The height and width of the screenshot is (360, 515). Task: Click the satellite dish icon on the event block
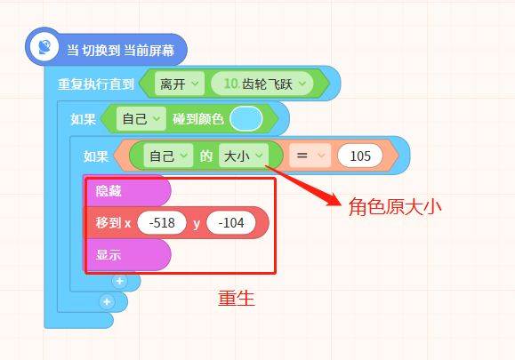tap(44, 46)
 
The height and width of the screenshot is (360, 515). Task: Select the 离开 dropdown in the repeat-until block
tap(180, 84)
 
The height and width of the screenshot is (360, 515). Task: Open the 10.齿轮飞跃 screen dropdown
tap(262, 84)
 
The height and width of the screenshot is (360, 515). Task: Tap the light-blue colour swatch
tap(246, 119)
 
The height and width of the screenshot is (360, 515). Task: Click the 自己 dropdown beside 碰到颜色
tap(141, 119)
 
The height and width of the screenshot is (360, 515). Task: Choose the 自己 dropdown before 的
tap(168, 156)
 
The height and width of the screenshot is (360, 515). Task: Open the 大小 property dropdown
tap(244, 156)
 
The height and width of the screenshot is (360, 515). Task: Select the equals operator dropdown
tap(310, 156)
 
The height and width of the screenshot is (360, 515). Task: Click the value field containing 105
tap(360, 156)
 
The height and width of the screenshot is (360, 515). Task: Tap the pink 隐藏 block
tap(127, 190)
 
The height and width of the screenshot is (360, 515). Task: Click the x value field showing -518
tap(162, 223)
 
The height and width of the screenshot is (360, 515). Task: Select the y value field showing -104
tap(231, 223)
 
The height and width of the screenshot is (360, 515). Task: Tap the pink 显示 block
tap(127, 254)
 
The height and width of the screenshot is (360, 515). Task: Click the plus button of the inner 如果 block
tap(119, 281)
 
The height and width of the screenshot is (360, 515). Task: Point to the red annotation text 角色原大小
tap(395, 207)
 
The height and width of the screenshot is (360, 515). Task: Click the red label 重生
tap(237, 299)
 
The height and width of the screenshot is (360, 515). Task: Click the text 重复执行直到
tap(96, 84)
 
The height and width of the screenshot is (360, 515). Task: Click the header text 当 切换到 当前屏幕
tap(121, 51)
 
